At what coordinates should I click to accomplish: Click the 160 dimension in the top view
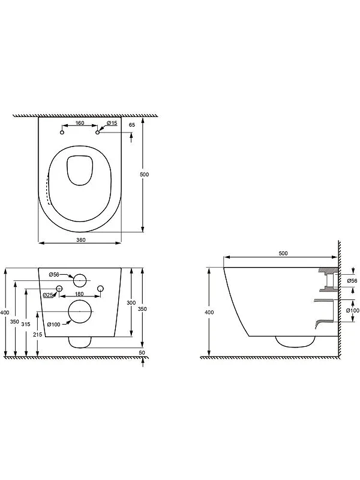click(79, 123)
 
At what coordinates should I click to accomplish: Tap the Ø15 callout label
click(112, 123)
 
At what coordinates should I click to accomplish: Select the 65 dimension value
click(132, 125)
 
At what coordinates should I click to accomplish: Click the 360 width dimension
click(81, 239)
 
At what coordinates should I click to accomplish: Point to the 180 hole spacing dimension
click(79, 294)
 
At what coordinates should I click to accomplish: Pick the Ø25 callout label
click(48, 295)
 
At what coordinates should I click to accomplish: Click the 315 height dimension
click(26, 324)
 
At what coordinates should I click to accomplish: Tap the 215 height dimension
click(38, 335)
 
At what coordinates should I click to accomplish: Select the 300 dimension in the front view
click(131, 303)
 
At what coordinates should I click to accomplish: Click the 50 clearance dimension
click(142, 352)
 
